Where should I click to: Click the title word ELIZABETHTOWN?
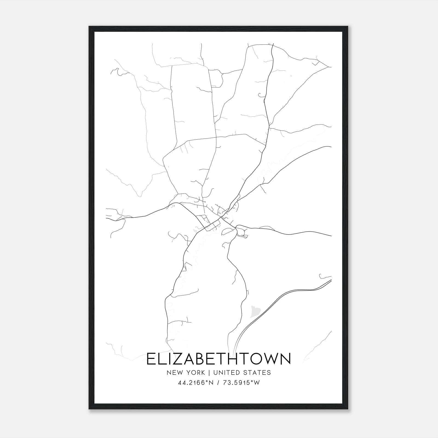pyautogui.click(x=219, y=359)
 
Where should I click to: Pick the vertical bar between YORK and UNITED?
pyautogui.click(x=210, y=373)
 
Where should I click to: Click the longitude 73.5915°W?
pyautogui.click(x=242, y=383)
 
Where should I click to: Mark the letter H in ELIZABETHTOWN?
pyautogui.click(x=234, y=359)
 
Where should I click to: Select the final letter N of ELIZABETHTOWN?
pyautogui.click(x=285, y=359)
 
